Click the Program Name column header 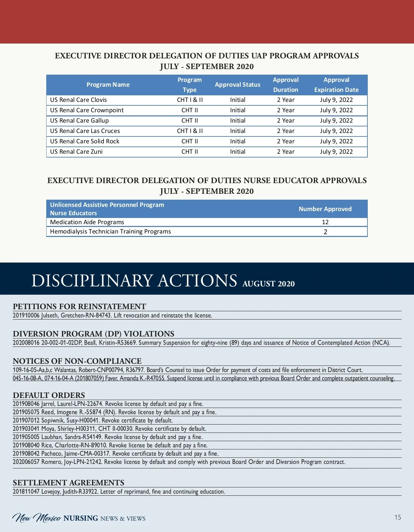pos(108,85)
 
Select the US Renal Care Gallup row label pos(79,121)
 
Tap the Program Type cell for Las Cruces pos(190,131)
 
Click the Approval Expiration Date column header pos(336,85)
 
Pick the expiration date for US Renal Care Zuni pos(336,152)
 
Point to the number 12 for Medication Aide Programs pos(325,222)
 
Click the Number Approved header pos(325,209)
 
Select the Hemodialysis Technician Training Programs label pos(110,231)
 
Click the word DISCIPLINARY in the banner pos(92,281)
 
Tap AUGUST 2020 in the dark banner pos(268,284)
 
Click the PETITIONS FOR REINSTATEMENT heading pos(79,306)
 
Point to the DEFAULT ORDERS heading pos(49,395)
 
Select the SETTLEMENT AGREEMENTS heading pos(68,483)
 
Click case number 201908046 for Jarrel pos(26,404)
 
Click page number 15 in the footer pos(398,517)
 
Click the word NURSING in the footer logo pos(81,518)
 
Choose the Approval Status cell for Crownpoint pos(238,110)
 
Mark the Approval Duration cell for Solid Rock pos(286,141)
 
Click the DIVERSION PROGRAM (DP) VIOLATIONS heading pos(93,334)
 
